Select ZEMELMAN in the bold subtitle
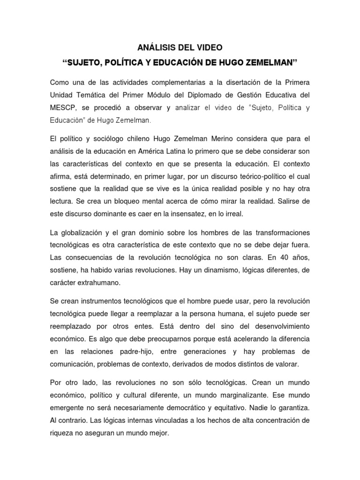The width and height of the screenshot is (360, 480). pyautogui.click(x=270, y=62)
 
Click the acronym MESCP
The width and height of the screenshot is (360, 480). pyautogui.click(x=62, y=108)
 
